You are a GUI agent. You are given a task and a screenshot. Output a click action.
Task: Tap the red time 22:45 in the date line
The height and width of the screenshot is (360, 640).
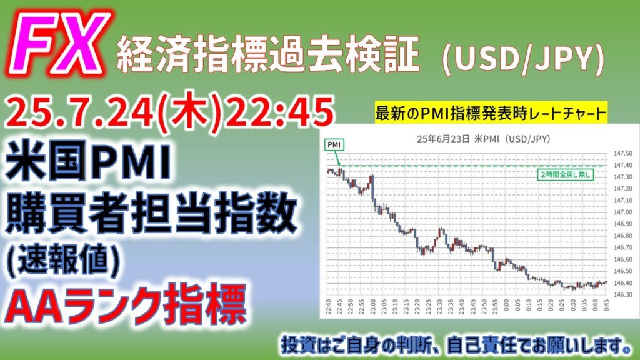coord(280,112)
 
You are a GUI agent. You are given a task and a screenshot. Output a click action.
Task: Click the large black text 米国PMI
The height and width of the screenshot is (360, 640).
coord(87,161)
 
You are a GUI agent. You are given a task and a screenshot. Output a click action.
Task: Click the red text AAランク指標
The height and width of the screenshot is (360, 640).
coord(126,305)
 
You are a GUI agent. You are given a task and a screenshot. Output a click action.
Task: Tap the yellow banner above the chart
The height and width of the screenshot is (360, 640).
coord(491,112)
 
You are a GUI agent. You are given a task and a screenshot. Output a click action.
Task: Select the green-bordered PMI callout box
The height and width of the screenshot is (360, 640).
coord(334,144)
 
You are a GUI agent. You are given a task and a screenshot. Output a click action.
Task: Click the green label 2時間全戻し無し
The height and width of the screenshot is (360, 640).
coord(565,174)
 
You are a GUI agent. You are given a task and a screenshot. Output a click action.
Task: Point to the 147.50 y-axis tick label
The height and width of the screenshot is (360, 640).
coord(623,154)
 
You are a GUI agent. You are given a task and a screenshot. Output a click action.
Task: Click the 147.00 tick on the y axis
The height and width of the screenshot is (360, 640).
coord(623,212)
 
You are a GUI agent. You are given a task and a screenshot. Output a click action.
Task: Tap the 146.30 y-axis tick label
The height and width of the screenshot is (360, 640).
coord(623,294)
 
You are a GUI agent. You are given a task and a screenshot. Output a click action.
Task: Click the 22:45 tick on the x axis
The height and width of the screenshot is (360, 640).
coord(340,306)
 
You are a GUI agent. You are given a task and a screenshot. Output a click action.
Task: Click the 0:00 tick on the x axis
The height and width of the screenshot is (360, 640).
coord(506,306)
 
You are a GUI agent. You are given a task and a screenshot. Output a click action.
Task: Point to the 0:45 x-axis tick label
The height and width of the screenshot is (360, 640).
coord(606,306)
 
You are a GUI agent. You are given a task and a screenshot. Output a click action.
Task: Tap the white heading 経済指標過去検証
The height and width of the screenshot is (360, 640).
coord(269,55)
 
